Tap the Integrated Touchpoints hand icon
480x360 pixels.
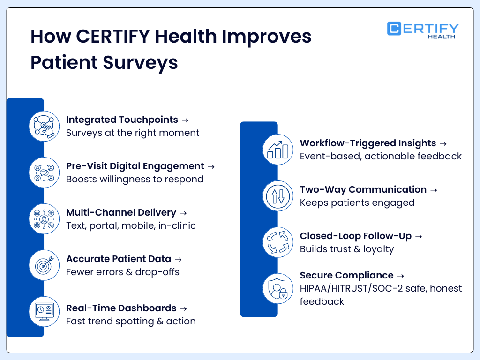click(44, 126)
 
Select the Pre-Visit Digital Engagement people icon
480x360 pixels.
click(44, 172)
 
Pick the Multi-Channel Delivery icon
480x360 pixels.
click(44, 219)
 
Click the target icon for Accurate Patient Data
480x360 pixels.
click(44, 265)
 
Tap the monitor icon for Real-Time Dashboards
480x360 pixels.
click(44, 312)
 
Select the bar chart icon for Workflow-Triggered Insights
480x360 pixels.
click(277, 150)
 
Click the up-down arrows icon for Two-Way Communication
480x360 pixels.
click(277, 196)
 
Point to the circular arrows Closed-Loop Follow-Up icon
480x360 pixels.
click(277, 242)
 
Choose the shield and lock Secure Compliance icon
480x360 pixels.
click(277, 289)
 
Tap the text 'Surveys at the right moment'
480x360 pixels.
click(133, 133)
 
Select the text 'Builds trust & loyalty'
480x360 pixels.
click(347, 249)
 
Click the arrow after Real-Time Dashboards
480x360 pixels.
click(183, 308)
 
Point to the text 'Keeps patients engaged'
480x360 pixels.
click(357, 202)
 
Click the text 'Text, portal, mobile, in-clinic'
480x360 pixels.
click(131, 225)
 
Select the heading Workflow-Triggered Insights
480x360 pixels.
click(368, 143)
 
